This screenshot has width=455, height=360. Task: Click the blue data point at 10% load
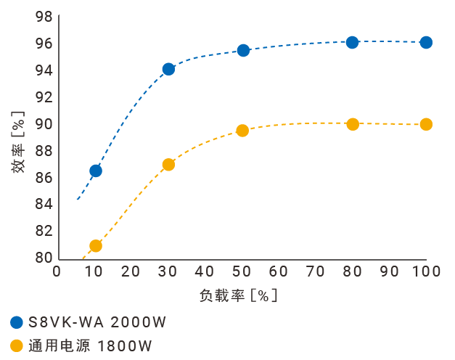[x=95, y=171]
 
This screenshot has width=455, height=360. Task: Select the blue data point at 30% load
[x=168, y=69]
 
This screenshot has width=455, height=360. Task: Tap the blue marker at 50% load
[x=243, y=50]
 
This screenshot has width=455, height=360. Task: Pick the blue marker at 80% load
[x=353, y=42]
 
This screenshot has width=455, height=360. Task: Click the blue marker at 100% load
[x=426, y=42]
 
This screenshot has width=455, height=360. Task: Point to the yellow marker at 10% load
[x=95, y=246]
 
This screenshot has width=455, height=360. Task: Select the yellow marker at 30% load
[x=168, y=165]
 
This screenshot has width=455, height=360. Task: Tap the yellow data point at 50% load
[x=242, y=131]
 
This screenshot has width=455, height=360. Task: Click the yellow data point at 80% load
[x=353, y=124]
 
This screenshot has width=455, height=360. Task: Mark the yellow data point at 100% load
[x=426, y=124]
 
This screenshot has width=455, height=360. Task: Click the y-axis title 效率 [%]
[x=18, y=142]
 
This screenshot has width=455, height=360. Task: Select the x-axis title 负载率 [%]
[x=239, y=296]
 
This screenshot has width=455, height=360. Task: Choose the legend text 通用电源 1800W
[x=91, y=345]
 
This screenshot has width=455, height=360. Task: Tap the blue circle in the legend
[x=17, y=322]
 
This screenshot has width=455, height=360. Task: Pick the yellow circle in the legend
[x=17, y=345]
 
